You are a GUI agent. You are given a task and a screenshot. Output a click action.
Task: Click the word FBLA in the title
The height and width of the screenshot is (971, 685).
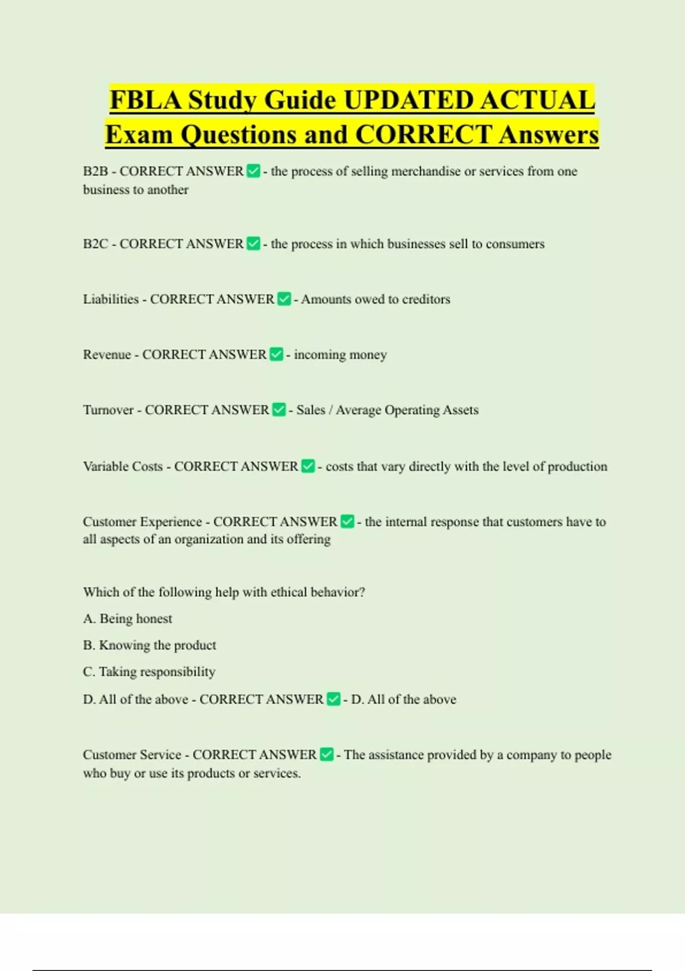[x=146, y=101]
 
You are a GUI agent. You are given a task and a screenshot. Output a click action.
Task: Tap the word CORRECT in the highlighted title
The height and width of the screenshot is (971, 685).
[x=423, y=135]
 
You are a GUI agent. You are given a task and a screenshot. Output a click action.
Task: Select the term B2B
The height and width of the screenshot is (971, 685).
[x=95, y=171]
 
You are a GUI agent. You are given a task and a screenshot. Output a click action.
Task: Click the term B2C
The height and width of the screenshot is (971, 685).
[x=95, y=244]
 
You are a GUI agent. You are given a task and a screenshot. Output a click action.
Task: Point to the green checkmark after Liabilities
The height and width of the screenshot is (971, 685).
[x=284, y=299]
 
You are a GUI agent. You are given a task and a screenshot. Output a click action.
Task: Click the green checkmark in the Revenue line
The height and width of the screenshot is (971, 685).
[x=276, y=354]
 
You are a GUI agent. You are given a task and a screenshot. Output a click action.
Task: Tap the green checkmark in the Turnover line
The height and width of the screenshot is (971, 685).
[x=279, y=410]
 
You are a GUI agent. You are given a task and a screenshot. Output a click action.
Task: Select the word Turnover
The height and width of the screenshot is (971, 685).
[x=108, y=410]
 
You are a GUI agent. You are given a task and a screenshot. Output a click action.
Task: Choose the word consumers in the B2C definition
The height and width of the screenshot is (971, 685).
[x=515, y=244]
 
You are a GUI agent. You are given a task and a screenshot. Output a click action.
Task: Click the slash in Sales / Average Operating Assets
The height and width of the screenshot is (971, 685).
[x=331, y=410]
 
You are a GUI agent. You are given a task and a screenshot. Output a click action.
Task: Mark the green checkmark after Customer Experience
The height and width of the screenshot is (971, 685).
[x=347, y=521]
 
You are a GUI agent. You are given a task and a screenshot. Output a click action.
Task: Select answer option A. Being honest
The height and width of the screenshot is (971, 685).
[x=127, y=619]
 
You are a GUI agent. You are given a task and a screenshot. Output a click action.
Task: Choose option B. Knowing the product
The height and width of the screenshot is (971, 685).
[x=150, y=645]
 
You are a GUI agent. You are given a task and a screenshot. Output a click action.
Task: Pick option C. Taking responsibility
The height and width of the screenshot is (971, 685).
[x=149, y=672]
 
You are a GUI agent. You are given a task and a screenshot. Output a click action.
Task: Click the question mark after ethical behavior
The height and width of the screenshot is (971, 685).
[x=362, y=592]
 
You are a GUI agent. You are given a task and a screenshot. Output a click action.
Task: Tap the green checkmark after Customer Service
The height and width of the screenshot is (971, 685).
[x=327, y=755]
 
